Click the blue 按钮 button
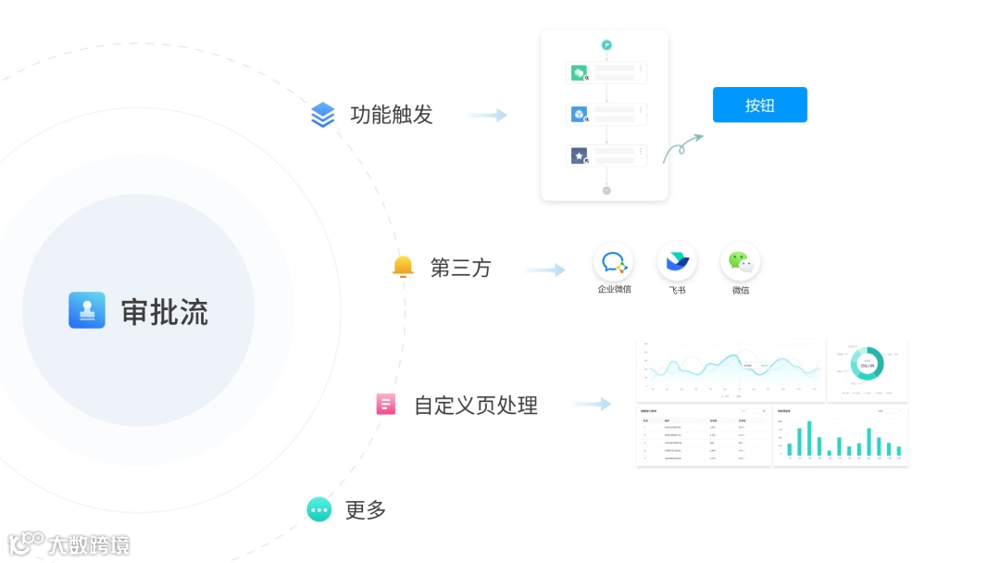(x=759, y=105)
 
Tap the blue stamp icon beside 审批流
(x=87, y=310)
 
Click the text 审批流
(x=164, y=312)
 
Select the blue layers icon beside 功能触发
(x=322, y=115)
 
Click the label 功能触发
(x=391, y=115)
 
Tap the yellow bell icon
(x=403, y=267)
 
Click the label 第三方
(x=460, y=269)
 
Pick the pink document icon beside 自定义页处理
(x=386, y=404)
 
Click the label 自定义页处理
(x=475, y=405)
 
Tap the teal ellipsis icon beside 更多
(x=319, y=509)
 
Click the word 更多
(x=365, y=509)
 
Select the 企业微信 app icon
(x=614, y=262)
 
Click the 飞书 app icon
(x=677, y=262)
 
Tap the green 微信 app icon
(x=740, y=262)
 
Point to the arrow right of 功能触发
(x=487, y=115)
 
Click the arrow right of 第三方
(x=545, y=269)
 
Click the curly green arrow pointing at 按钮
(x=682, y=148)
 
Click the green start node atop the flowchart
(x=606, y=44)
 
